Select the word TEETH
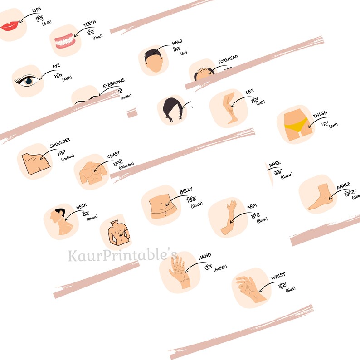click(x=89, y=24)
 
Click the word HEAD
click(x=177, y=43)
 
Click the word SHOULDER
click(x=60, y=141)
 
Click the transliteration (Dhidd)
click(x=197, y=205)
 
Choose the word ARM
click(x=252, y=207)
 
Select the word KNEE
click(x=275, y=164)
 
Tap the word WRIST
click(x=278, y=277)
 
